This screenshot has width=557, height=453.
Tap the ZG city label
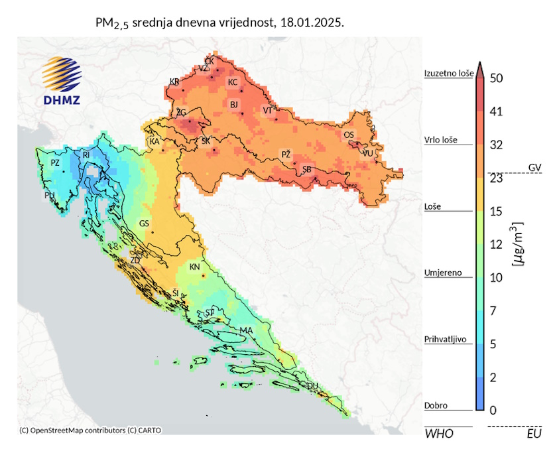pyautogui.click(x=181, y=113)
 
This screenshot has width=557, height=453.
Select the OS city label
pyautogui.click(x=348, y=135)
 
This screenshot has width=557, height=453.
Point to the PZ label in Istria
pyautogui.click(x=55, y=162)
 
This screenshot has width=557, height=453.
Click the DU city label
pyautogui.click(x=313, y=386)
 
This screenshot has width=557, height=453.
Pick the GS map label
pyautogui.click(x=144, y=224)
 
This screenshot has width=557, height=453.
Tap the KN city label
pyautogui.click(x=194, y=267)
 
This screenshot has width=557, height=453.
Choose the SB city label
pyautogui.click(x=307, y=170)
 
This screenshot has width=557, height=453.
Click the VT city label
pyautogui.click(x=267, y=110)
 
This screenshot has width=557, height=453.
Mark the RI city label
pyautogui.click(x=86, y=155)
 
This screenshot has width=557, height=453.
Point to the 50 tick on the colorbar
pyautogui.click(x=497, y=78)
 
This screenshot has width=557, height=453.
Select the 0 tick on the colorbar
pyautogui.click(x=493, y=410)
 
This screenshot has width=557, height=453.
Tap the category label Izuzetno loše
pyautogui.click(x=448, y=74)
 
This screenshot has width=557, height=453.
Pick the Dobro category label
pyautogui.click(x=436, y=405)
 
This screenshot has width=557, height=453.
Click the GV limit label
pyautogui.click(x=534, y=166)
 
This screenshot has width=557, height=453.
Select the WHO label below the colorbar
pyautogui.click(x=438, y=434)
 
